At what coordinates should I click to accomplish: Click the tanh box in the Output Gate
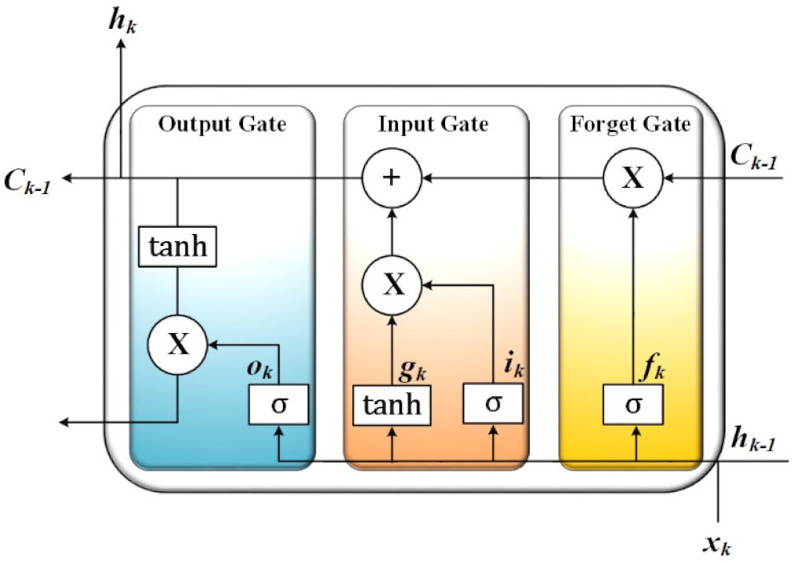(178, 247)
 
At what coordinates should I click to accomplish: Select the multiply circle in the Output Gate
(177, 344)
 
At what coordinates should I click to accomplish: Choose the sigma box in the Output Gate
(278, 406)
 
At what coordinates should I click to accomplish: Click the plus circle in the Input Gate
(391, 177)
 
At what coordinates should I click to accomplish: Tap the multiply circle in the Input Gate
(392, 284)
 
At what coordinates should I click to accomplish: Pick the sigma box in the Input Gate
(493, 403)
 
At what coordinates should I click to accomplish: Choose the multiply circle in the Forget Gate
(633, 177)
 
